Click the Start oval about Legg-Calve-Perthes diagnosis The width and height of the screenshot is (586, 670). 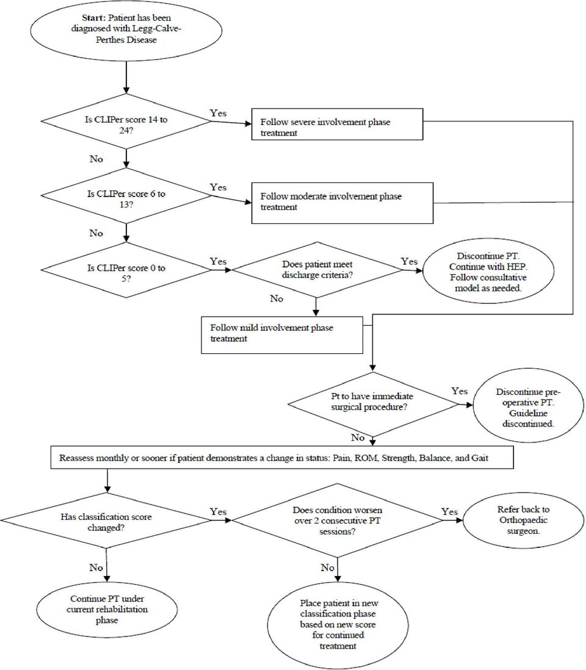(x=126, y=30)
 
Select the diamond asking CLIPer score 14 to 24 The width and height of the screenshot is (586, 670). (x=126, y=121)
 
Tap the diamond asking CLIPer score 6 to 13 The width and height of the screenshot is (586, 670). (x=126, y=196)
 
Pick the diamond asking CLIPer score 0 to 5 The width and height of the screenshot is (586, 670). (x=126, y=270)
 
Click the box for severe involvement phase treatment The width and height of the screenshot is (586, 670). (x=337, y=124)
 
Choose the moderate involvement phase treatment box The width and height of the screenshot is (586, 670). (x=342, y=203)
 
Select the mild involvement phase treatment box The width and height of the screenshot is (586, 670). (x=282, y=335)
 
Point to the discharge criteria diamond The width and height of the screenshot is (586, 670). (x=316, y=270)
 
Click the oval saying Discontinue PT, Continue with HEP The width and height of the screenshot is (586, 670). (x=488, y=271)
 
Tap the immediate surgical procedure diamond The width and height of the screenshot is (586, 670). (x=373, y=404)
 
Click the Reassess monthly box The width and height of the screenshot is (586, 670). (x=282, y=458)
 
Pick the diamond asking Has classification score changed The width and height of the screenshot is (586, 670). (x=106, y=521)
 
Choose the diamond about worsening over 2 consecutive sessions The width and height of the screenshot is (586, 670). (x=338, y=521)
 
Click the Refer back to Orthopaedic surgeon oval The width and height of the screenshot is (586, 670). (x=523, y=521)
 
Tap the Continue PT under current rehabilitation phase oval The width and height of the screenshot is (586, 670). (x=107, y=610)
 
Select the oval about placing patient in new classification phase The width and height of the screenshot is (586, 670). (x=338, y=624)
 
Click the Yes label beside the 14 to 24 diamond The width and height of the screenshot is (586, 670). (x=218, y=113)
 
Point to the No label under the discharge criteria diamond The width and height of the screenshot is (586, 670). (x=277, y=298)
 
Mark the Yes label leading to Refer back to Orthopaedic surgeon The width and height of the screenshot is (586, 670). (x=450, y=511)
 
